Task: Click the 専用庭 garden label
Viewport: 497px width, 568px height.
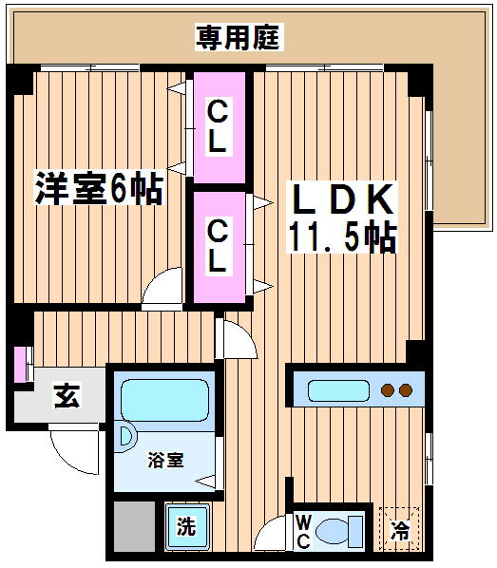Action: tap(239, 37)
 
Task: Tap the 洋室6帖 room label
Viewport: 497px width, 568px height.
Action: tap(99, 188)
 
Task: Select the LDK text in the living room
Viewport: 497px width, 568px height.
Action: tap(342, 199)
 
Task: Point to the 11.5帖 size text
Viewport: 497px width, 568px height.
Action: tap(342, 237)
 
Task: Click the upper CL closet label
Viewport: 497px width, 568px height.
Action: tap(218, 126)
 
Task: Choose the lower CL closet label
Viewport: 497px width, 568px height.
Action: tap(218, 246)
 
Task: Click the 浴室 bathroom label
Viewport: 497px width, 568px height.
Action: tap(165, 460)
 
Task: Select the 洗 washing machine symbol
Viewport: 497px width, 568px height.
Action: tap(186, 526)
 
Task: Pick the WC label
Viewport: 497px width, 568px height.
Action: tap(303, 532)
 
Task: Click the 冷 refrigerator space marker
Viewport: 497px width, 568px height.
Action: tap(399, 530)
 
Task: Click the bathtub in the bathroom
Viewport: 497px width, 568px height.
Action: tap(165, 400)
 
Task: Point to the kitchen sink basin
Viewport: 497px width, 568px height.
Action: tap(338, 391)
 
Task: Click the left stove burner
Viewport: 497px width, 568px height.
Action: tap(387, 390)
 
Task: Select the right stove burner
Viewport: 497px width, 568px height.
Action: tap(406, 390)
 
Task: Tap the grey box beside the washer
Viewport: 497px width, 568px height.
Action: tap(135, 526)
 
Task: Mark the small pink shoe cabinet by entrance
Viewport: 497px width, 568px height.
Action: tap(20, 365)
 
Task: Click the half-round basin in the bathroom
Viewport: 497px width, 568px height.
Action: tap(125, 436)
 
